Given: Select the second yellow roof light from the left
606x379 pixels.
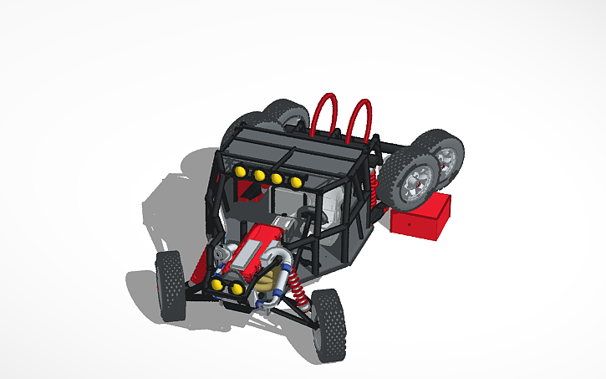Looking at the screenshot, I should point(259,176).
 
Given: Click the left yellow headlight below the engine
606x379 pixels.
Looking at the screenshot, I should point(217,284).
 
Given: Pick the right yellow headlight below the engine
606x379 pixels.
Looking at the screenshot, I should point(237,289).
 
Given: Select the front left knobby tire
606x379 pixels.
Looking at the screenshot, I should point(171,284).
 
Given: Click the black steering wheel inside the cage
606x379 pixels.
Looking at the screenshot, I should point(312,219).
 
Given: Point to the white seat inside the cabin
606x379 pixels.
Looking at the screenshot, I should point(334,206).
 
